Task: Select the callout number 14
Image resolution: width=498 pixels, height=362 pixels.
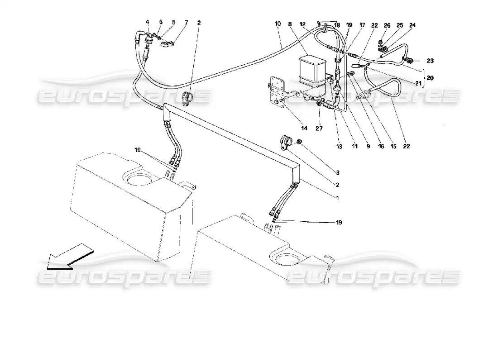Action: pyautogui.click(x=304, y=129)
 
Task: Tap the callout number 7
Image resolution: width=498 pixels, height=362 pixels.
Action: pyautogui.click(x=173, y=22)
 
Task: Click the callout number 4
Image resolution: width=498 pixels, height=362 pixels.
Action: pyautogui.click(x=147, y=22)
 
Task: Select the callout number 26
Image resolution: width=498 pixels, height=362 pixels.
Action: pyautogui.click(x=387, y=25)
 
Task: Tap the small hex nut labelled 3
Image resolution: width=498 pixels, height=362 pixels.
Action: pyautogui.click(x=299, y=143)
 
